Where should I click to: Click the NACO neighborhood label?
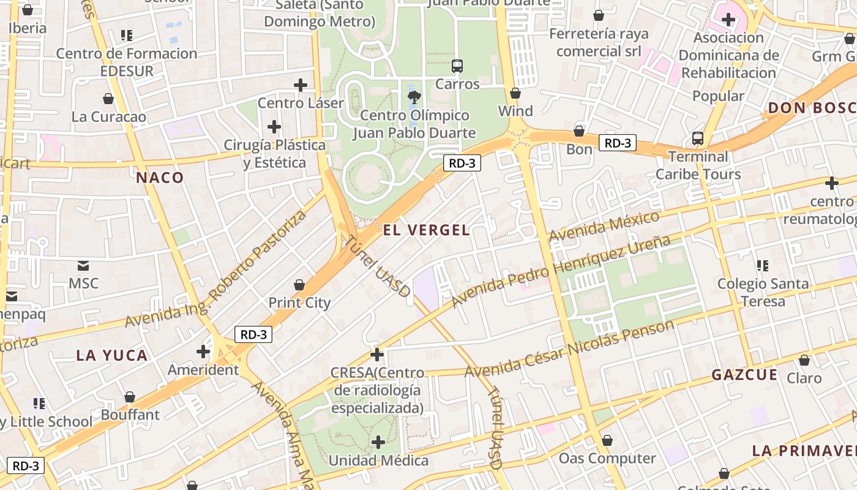160,178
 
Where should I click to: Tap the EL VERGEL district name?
426,230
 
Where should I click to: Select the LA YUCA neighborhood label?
112,355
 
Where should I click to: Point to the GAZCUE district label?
744,375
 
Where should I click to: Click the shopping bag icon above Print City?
299,285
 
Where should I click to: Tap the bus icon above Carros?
457,66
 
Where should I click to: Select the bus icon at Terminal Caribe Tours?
697,138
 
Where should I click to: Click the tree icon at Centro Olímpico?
414,96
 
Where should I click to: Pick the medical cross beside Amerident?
203,352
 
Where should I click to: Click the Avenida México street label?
604,227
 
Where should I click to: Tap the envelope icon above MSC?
83,266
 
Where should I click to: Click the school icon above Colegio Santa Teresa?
763,266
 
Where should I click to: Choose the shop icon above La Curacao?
108,99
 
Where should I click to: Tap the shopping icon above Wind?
515,94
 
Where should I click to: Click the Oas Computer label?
607,458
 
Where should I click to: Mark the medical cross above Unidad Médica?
378,442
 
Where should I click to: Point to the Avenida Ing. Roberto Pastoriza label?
215,269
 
